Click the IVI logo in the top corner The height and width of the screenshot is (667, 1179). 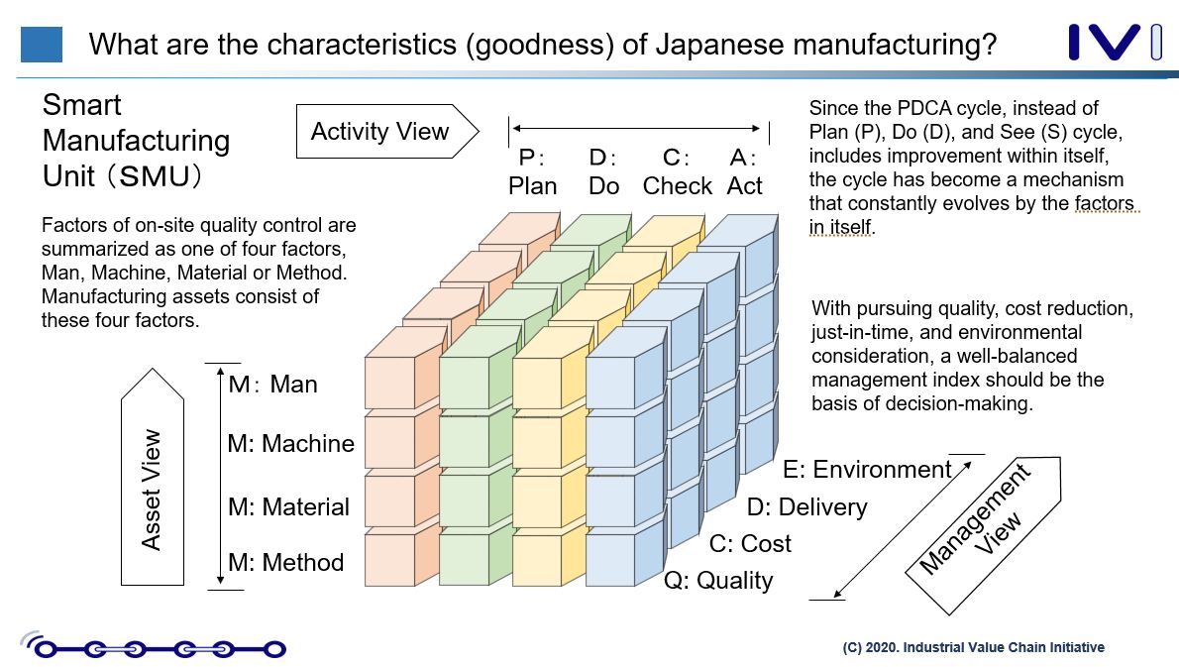(1115, 43)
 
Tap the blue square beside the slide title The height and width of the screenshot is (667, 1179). (42, 45)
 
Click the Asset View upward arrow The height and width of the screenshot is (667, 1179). (151, 486)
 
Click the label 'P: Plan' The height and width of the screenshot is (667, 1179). (533, 172)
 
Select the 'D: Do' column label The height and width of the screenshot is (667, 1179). (603, 172)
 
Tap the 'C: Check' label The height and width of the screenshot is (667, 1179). (678, 172)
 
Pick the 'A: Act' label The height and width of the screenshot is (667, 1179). (745, 172)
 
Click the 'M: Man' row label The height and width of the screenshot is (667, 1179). (273, 385)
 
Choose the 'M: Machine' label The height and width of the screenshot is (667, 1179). (290, 444)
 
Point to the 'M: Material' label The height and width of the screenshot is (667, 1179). (288, 507)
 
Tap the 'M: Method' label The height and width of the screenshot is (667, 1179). (285, 563)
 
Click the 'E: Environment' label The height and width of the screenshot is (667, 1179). (867, 469)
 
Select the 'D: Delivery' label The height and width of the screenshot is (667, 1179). (806, 507)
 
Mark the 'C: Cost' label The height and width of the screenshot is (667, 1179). (750, 544)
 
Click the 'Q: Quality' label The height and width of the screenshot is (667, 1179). (717, 581)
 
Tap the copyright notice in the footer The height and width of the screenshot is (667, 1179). (973, 647)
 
